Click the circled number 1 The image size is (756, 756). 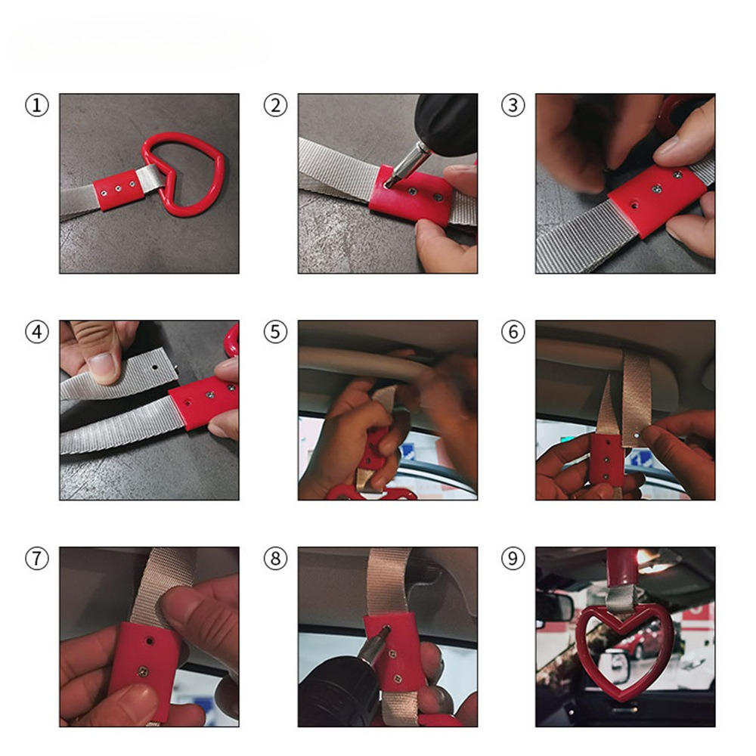point(37,106)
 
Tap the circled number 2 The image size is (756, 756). point(275,106)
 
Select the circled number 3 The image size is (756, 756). point(513,106)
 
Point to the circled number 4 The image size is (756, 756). point(37,332)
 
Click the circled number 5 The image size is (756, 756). point(275,332)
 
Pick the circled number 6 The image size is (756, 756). point(513,332)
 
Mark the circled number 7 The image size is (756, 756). point(37,559)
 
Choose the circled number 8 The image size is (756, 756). point(275,559)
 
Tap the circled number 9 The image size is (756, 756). point(513,559)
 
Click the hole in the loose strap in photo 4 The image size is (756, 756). point(155,367)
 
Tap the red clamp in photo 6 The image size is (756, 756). point(606,460)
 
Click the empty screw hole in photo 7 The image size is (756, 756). point(149,641)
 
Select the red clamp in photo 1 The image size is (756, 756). point(119,190)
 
